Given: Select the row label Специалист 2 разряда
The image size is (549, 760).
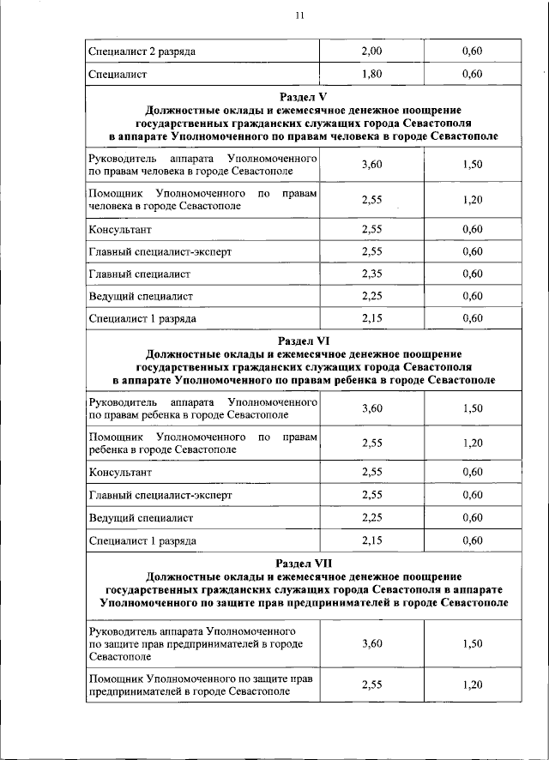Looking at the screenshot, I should point(142,51).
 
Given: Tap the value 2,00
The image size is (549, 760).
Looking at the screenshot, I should point(371,51).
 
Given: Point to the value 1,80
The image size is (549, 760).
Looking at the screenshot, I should point(371,75).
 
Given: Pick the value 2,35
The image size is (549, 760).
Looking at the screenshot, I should point(371,274).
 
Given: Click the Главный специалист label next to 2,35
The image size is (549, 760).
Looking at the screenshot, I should point(139,274).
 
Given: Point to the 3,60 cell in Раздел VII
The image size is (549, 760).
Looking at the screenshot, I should point(371,643).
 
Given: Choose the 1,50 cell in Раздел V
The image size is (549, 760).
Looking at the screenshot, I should point(472,165).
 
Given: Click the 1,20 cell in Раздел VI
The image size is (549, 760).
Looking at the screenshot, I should point(472,443).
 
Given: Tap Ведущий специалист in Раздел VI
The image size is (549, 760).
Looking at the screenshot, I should point(141,518).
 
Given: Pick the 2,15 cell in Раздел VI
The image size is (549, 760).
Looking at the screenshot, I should point(371,540).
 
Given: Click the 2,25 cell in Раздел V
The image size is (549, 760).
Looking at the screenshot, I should point(371,296).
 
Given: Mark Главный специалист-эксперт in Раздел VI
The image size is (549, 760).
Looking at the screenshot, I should point(160,495).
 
